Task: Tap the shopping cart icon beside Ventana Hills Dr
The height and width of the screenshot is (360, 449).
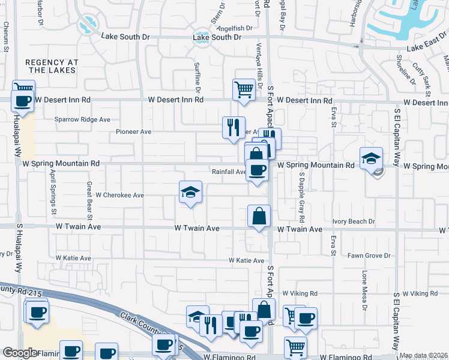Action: [244, 90]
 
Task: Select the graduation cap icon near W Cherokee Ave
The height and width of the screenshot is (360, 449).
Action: [190, 193]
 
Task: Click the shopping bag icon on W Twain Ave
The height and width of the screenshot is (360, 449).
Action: [259, 217]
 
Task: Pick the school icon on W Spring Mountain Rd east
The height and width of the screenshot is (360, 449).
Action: [371, 159]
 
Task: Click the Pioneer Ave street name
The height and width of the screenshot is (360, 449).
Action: [133, 131]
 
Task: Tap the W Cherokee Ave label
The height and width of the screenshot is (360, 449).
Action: [120, 195]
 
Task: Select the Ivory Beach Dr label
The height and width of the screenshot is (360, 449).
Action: [354, 221]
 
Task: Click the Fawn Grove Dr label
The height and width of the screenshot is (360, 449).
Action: [369, 256]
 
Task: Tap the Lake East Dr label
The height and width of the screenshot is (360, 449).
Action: [427, 47]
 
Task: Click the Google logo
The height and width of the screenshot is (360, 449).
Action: [20, 353]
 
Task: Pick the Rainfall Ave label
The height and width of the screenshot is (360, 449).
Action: [229, 172]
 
